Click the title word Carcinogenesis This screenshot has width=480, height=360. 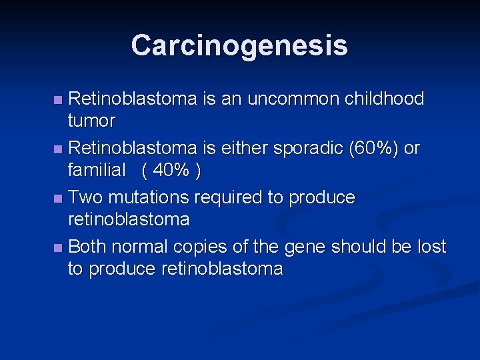coord(239,45)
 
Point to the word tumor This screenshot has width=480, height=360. coord(91,121)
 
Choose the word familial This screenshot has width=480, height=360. coord(97,171)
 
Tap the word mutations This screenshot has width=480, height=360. coord(147,197)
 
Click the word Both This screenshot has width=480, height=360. coord(87,247)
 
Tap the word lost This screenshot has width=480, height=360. coord(431,247)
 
